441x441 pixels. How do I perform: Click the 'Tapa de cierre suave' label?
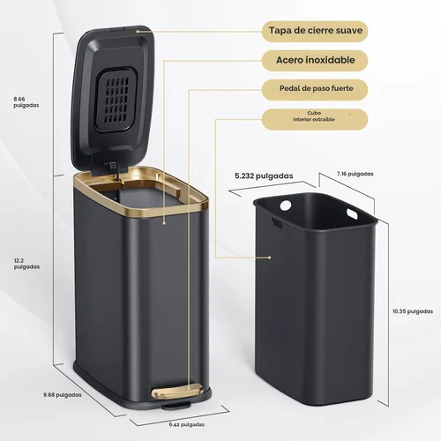(316, 31)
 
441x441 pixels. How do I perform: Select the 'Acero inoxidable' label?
(316, 60)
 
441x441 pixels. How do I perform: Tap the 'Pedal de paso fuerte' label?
(316, 88)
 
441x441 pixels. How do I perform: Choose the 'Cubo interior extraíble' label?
(314, 116)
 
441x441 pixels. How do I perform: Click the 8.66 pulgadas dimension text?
(26, 102)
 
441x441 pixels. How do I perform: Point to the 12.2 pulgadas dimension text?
(26, 264)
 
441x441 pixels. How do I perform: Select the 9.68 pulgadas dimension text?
(63, 395)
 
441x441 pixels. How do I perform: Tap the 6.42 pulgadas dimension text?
(187, 424)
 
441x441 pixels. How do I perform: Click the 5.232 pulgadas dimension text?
(264, 176)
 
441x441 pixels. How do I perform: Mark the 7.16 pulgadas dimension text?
(355, 174)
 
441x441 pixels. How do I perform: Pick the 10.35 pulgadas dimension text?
(413, 311)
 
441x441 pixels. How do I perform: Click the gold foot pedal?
(177, 391)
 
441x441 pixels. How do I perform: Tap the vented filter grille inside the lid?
(116, 100)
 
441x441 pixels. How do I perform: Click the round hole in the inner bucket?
(286, 206)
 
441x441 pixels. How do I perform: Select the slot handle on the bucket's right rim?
(352, 213)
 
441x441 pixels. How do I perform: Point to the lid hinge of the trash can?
(113, 169)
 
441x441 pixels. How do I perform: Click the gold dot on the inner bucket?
(269, 258)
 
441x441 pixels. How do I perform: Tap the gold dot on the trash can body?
(164, 223)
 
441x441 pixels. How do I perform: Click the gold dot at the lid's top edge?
(138, 31)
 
